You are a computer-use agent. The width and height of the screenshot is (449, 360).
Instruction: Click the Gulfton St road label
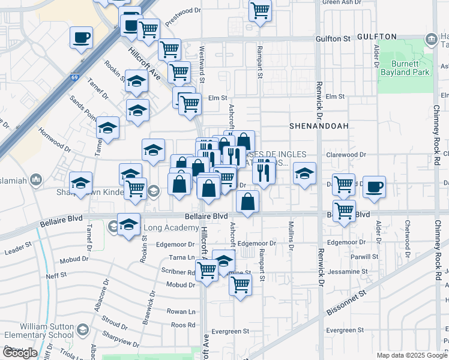pyautogui.click(x=333, y=38)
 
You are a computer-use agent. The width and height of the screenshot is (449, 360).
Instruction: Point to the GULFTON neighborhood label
pyautogui.click(x=377, y=37)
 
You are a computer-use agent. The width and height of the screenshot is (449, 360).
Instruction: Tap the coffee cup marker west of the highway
pyautogui.click(x=81, y=38)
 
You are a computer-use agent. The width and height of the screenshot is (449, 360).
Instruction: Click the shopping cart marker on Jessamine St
pyautogui.click(x=240, y=284)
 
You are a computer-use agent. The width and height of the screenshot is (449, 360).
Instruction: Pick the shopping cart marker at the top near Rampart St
pyautogui.click(x=261, y=10)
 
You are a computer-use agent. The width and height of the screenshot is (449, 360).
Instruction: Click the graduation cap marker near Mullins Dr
pyautogui.click(x=305, y=173)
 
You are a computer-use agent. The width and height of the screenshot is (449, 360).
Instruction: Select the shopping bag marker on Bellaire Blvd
pyautogui.click(x=248, y=202)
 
